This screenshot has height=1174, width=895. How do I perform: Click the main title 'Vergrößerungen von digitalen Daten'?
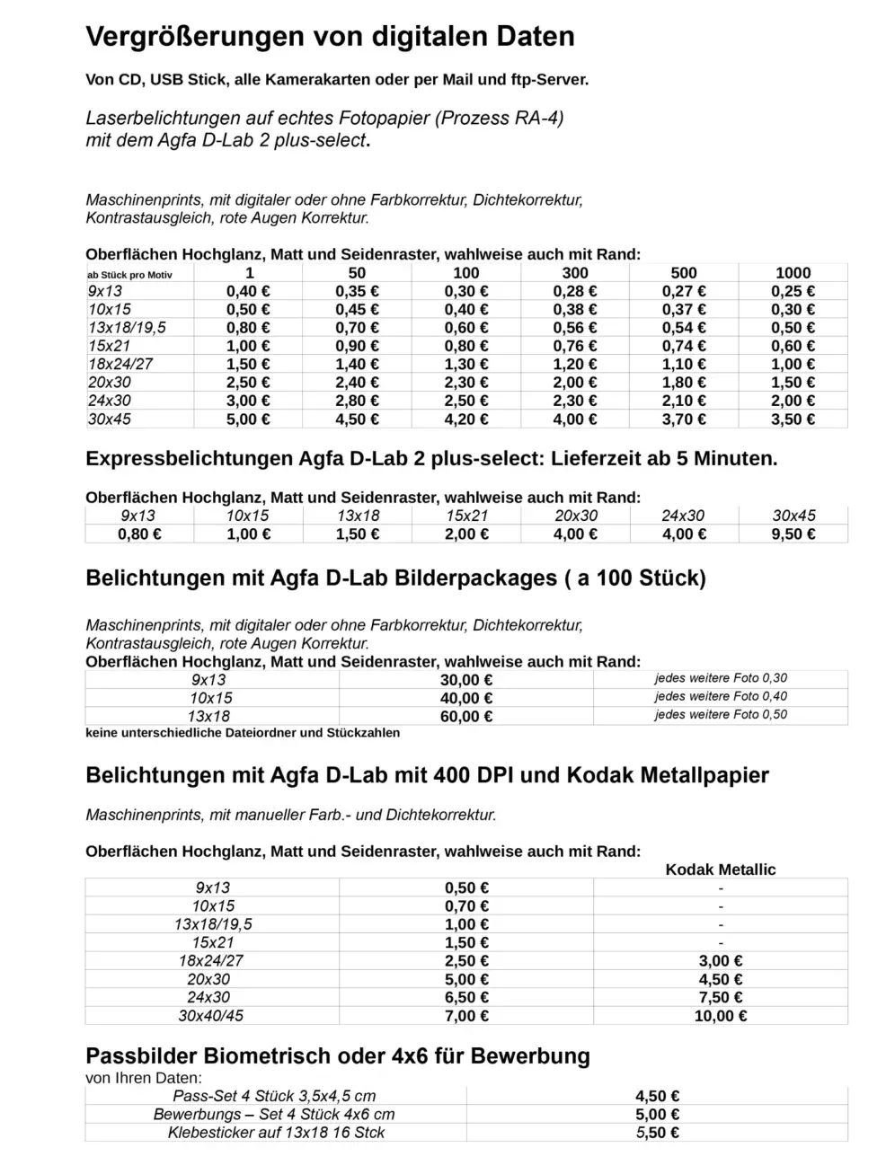pos(330,37)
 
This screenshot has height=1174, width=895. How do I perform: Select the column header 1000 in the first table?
pos(793,273)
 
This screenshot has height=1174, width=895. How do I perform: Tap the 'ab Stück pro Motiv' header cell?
pos(129,275)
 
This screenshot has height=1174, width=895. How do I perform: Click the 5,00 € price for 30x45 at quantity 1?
pos(248,419)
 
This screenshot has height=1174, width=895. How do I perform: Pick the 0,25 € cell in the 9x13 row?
pos(793,291)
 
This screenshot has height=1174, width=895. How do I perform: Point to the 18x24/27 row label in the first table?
pos(120,365)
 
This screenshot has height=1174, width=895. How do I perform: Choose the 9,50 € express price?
pos(793,534)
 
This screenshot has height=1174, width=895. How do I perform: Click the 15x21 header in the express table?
pos(466,516)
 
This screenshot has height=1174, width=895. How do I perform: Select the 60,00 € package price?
pos(466,717)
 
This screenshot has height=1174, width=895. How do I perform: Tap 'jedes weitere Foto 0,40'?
pos(721,697)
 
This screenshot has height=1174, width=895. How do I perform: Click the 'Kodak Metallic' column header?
pos(721,869)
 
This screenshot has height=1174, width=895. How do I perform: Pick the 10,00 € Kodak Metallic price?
pos(721,1017)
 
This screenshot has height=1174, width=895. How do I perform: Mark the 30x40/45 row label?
pos(211,1017)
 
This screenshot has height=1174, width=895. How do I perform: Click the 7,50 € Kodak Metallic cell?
pos(721,998)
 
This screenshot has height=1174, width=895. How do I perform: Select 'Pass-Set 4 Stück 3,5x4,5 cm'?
pos(274,1097)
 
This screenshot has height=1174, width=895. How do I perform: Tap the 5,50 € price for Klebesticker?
pos(657,1134)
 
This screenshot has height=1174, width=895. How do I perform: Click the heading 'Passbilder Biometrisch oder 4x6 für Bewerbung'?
pos(338,1056)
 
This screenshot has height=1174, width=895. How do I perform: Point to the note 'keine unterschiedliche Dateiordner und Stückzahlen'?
pos(243,733)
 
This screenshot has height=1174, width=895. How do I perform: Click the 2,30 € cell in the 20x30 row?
pos(466,383)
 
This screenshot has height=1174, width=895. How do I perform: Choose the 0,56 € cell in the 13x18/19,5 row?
pos(575,328)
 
